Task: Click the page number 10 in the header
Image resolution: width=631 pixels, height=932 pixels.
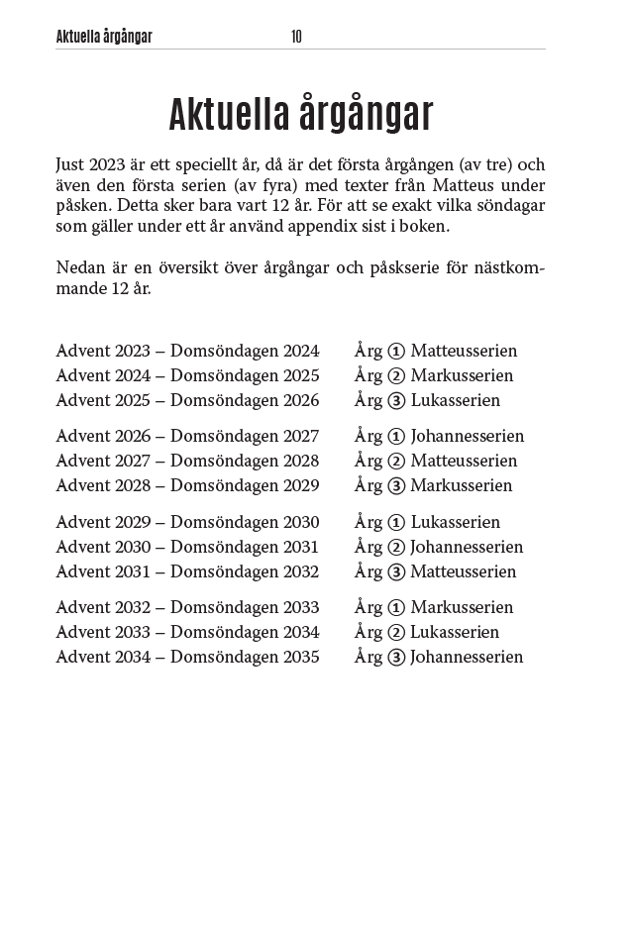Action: pos(296,37)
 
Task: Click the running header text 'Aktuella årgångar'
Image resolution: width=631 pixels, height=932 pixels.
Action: pos(104,37)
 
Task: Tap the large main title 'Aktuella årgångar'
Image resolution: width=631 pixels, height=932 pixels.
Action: pos(301,114)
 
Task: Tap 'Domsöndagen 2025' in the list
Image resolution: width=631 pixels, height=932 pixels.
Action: pos(245,375)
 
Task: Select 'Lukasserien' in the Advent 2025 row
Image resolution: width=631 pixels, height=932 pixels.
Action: pos(456,400)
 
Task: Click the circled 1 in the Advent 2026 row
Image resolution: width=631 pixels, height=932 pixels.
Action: pos(396,436)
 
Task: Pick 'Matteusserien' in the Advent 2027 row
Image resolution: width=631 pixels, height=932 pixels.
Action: pos(464,461)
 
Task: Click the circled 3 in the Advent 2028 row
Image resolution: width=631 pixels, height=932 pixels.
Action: pos(396,485)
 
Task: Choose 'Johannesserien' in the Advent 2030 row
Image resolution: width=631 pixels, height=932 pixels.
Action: pos(467,547)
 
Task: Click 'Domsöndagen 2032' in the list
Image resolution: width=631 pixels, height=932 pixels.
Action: pos(245,571)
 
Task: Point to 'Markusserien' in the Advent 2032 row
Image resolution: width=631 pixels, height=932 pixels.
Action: pos(462,607)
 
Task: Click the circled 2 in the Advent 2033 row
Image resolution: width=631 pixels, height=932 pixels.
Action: pos(396,632)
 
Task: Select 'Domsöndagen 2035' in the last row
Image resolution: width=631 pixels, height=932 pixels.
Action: pos(245,657)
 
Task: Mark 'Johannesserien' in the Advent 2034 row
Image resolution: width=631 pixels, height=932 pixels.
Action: pos(467,657)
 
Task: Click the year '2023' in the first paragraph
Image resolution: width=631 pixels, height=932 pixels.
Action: pos(107,164)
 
